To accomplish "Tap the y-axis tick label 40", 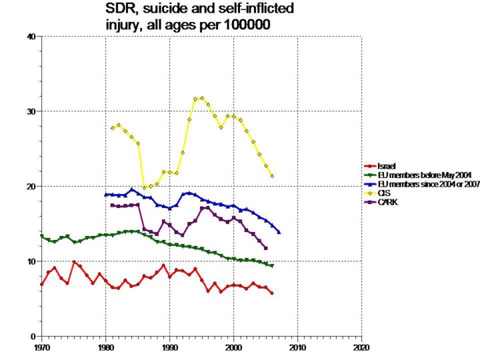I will click(30, 37).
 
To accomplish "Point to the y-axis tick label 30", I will click(30, 111).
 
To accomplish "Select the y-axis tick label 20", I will click(30, 186).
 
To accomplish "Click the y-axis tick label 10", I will click(30, 261).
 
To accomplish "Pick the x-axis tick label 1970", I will click(41, 347).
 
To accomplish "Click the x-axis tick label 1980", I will click(105, 347).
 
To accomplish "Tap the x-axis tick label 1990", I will click(169, 347).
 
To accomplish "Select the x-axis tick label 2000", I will click(233, 347).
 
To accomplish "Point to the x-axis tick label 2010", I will click(297, 347).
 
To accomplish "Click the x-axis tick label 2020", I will click(361, 347).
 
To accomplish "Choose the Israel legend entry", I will click(387, 165).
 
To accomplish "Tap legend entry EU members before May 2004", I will click(414, 175).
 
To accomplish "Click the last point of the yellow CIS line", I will click(272, 176).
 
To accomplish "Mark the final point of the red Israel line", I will click(272, 293).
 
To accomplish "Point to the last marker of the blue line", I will click(279, 232).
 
